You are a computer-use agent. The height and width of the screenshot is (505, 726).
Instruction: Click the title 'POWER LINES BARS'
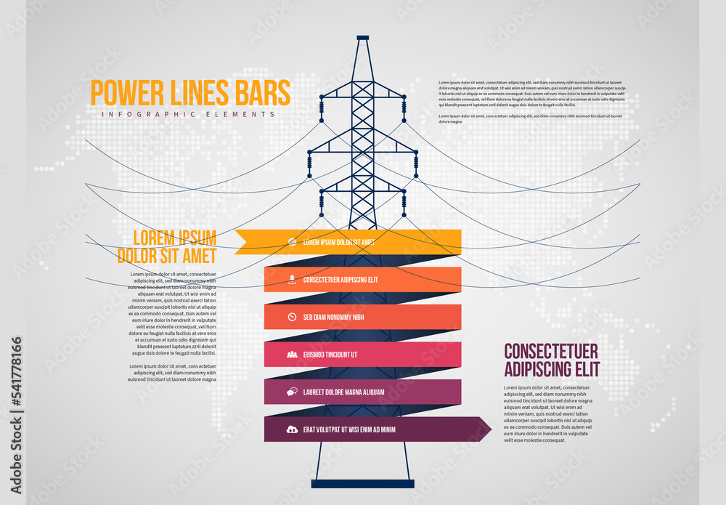189,93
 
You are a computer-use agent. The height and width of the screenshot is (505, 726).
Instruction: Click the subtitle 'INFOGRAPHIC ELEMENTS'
189,115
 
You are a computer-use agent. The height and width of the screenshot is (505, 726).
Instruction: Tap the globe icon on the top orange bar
292,242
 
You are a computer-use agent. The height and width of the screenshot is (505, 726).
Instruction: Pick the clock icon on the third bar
292,317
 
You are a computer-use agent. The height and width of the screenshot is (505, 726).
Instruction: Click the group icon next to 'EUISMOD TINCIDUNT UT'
292,355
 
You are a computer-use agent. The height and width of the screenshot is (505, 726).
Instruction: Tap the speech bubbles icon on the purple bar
292,392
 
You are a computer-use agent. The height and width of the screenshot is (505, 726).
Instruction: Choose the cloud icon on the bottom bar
292,429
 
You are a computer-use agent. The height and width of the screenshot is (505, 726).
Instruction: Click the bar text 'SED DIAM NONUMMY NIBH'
333,317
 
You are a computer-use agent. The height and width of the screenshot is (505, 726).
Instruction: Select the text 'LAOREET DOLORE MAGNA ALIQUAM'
343,392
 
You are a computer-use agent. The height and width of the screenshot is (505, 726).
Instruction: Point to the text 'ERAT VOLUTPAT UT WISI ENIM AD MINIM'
349,429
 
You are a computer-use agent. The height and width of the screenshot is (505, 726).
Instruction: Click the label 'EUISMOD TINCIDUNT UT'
330,355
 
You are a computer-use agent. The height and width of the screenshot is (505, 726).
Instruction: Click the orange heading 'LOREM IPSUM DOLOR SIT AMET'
167,247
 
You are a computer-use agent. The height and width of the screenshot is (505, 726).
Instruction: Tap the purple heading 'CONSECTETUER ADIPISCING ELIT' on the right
552,360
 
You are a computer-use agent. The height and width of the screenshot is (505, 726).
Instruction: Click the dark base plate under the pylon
362,483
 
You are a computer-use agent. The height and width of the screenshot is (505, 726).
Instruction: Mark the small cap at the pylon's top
363,38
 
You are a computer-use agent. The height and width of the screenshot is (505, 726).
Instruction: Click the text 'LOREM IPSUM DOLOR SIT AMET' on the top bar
339,242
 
